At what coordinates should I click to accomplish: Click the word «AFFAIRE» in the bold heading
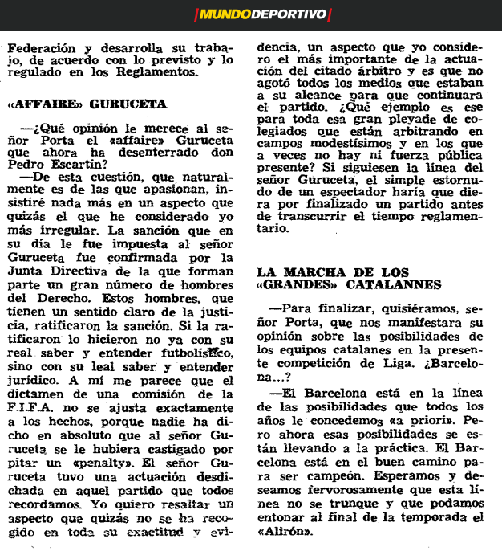tap(40, 105)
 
